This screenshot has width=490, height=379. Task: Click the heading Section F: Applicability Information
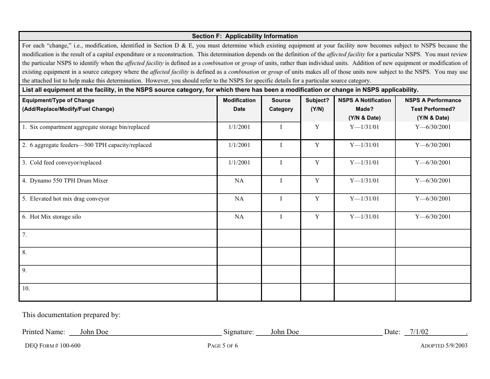[x=244, y=36]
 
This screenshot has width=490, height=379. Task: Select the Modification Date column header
[x=239, y=105]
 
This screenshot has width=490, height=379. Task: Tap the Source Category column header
[x=281, y=105]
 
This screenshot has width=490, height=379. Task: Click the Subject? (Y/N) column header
[x=317, y=105]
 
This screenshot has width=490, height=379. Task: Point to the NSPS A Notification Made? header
[x=364, y=109]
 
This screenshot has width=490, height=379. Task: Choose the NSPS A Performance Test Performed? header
[x=433, y=109]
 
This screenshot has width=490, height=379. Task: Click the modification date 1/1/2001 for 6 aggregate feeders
[x=239, y=145]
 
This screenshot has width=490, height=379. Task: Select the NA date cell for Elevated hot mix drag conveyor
[x=239, y=199]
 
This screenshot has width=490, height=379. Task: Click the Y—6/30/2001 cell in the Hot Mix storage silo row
[x=433, y=217]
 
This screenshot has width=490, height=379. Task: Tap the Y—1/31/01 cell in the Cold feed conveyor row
[x=364, y=163]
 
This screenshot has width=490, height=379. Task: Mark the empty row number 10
[x=26, y=289]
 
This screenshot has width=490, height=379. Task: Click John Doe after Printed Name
[x=94, y=332]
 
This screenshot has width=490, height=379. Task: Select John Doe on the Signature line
[x=285, y=332]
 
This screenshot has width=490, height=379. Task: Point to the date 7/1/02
[x=419, y=332]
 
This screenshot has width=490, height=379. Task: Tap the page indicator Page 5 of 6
[x=222, y=346]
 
